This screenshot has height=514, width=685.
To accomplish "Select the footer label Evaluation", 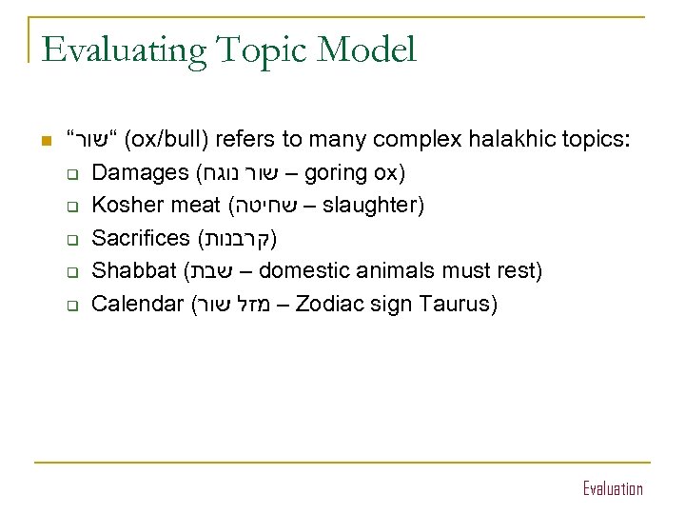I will point(613,489).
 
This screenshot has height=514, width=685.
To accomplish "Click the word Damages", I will point(140,175).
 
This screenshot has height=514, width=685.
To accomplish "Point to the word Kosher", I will point(125,207).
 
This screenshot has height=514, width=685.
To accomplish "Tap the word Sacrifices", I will point(140,239).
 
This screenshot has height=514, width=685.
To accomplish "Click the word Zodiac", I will point(334,305).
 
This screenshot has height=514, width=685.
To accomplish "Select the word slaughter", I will point(373,207).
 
